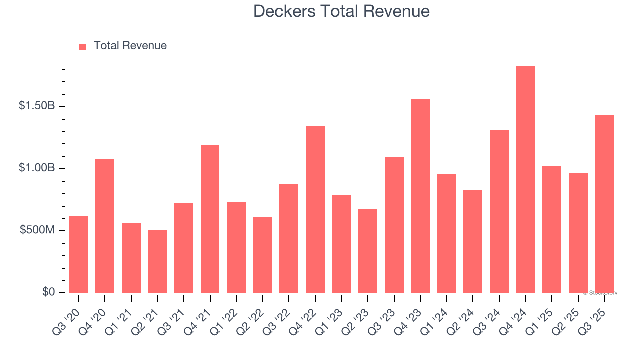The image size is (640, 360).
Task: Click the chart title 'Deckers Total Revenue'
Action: tap(341, 11)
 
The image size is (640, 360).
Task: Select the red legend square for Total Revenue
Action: tap(83, 46)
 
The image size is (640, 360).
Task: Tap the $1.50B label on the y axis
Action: tap(37, 106)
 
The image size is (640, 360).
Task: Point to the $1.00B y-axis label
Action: tap(37, 168)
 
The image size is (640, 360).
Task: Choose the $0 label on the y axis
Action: tap(48, 292)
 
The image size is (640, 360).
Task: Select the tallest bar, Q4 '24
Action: tap(525, 180)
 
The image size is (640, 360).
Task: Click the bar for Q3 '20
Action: tap(79, 254)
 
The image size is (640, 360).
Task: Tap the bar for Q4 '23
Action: tap(420, 196)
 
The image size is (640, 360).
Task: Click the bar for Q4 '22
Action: tap(315, 209)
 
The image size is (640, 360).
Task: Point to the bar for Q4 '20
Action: tap(105, 226)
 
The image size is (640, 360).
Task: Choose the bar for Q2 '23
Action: tap(368, 251)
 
